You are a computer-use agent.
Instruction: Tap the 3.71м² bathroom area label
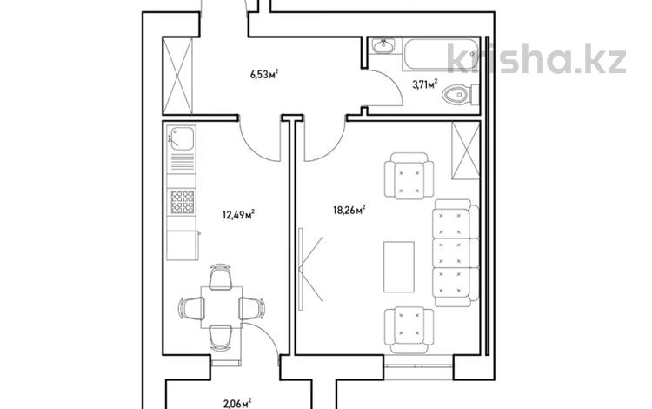(x=424, y=84)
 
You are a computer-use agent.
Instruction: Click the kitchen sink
(x=182, y=138)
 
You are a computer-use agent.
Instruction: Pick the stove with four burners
(x=182, y=203)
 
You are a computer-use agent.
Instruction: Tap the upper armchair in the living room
(x=408, y=176)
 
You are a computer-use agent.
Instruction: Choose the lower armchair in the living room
(x=408, y=328)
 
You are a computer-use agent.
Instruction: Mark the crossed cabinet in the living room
(x=465, y=150)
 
